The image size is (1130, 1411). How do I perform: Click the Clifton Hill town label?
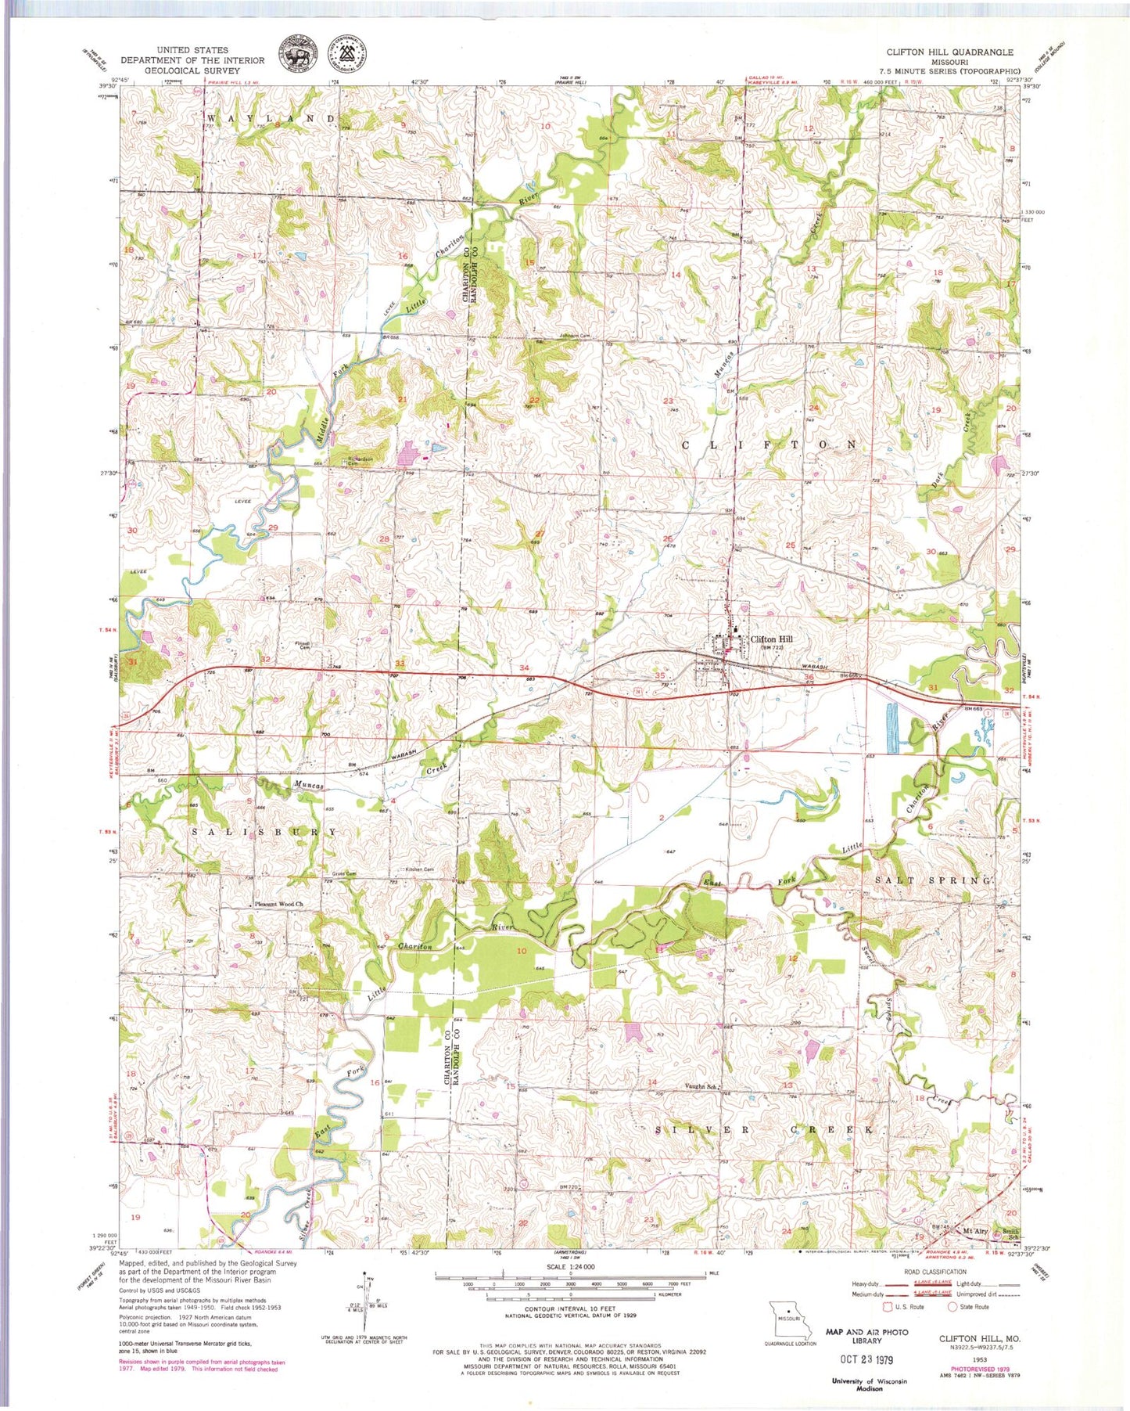pyautogui.click(x=771, y=639)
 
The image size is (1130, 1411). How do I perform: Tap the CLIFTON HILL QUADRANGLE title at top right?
pyautogui.click(x=949, y=52)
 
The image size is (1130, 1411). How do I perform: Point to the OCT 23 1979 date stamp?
pyautogui.click(x=866, y=1359)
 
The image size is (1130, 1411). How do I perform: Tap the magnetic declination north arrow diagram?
pyautogui.click(x=364, y=1308)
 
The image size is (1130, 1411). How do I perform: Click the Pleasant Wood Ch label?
pyautogui.click(x=278, y=905)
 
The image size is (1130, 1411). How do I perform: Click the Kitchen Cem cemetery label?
pyautogui.click(x=419, y=869)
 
